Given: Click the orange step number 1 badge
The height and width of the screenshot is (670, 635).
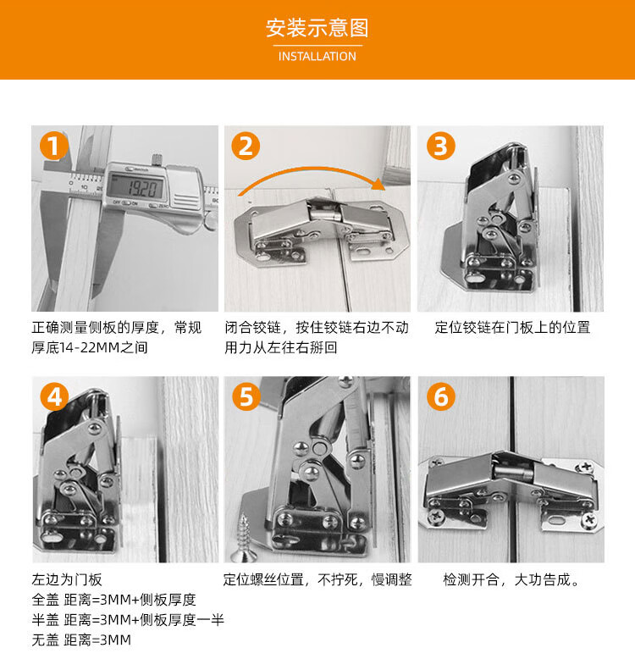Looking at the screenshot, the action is pos(54,147).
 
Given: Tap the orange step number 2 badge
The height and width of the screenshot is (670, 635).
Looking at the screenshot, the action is pos(246,147).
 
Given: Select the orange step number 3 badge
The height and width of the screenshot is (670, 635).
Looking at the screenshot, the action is pos(441,147).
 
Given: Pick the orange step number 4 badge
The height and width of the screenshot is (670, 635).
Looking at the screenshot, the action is pos(55,396).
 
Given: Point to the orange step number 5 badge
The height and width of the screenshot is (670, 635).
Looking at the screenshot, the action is pos(246,396).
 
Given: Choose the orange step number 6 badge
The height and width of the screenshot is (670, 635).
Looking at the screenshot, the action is pos(441,396).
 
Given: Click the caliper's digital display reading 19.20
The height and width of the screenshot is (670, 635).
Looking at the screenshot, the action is pos(135,186).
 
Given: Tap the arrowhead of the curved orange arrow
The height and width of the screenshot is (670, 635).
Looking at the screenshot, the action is pos(378,184).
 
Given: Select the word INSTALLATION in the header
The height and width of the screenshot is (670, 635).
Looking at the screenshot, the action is pos(317,56).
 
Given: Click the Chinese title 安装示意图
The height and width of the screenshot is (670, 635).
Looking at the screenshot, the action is pos(317,28).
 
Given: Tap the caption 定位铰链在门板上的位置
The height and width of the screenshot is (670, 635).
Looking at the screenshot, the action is pos(512,327).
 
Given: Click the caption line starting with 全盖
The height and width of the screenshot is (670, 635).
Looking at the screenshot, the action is pos(113,600).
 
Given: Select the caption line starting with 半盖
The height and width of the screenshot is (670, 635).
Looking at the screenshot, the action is pos(128,620).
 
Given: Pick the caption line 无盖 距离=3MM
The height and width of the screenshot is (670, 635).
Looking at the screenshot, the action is pos(81,640).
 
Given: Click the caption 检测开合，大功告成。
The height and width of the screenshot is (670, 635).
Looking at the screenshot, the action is pos(511,580).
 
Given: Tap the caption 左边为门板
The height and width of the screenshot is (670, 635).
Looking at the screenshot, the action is pos(67,580).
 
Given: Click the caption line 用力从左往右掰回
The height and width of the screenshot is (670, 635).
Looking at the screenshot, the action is pos(281,348).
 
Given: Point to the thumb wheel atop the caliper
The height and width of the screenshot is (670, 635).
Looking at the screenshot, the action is pos(157,158).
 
